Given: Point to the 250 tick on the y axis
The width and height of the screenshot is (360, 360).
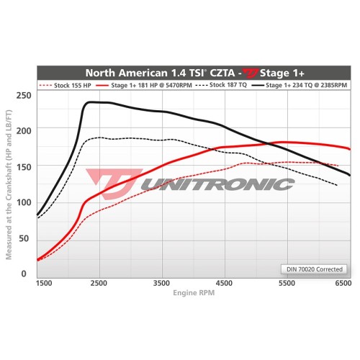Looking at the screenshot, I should click(x=24, y=95).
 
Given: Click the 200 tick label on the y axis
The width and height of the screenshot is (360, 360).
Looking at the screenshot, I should click(x=24, y=131).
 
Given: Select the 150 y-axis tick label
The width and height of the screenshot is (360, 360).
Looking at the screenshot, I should click(x=24, y=167).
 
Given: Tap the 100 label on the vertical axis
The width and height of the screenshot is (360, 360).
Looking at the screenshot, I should click(x=24, y=202).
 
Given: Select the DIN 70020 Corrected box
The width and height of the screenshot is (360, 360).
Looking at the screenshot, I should click(x=313, y=269).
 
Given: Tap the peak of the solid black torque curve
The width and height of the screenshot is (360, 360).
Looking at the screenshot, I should click(x=92, y=102).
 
